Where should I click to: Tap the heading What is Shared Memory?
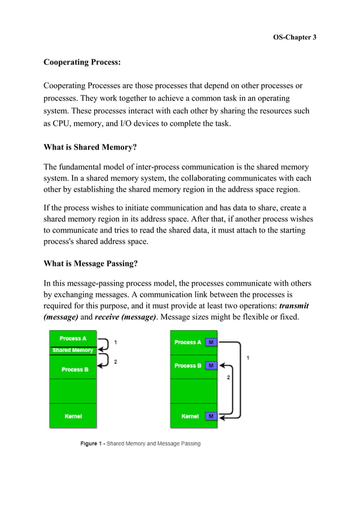pos(90,148)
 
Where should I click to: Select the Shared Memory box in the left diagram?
pos(73,350)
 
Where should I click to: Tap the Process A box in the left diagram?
pos(73,339)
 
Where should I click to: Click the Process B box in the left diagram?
pos(73,369)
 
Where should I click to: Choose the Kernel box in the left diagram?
pos(73,416)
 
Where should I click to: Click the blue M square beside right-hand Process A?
pos(211,343)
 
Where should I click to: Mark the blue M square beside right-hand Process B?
pos(211,366)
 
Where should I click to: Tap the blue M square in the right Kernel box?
pos(211,416)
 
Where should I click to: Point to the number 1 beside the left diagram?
pos(116,343)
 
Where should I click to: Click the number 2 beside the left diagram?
pos(116,361)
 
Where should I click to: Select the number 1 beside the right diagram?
pos(249,358)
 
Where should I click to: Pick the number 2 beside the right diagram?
pos(228,378)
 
